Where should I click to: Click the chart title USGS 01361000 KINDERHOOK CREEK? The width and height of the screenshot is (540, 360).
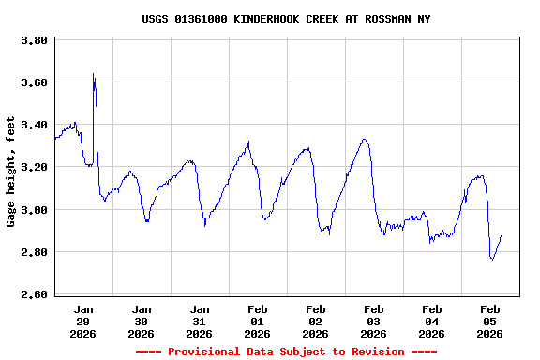[x=287, y=19]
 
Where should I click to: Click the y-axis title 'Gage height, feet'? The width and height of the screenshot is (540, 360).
[x=11, y=172]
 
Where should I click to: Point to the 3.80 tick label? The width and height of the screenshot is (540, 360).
[x=35, y=41]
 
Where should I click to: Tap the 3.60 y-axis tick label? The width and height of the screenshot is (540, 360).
[x=35, y=83]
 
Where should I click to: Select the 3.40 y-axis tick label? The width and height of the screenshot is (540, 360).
[x=35, y=126]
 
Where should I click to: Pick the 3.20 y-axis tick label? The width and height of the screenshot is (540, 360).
[x=35, y=168]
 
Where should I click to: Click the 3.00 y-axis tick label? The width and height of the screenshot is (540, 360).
[x=35, y=210]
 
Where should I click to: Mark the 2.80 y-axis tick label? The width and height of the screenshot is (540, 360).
[x=35, y=252]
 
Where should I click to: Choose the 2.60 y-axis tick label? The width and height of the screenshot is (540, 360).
[x=35, y=294]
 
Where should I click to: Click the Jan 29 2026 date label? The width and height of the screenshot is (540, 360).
[x=83, y=321]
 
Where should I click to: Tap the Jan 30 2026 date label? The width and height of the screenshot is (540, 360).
[x=142, y=321]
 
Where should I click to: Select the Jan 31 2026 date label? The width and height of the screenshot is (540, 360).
[x=200, y=321]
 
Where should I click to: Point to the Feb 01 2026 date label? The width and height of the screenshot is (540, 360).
[x=258, y=321]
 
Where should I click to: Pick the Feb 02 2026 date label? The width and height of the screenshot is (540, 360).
[x=316, y=321]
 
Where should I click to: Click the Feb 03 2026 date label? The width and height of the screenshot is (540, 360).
[x=374, y=321]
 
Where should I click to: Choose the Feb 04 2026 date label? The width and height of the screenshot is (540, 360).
[x=432, y=321]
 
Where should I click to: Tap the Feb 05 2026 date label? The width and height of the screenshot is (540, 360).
[x=490, y=321]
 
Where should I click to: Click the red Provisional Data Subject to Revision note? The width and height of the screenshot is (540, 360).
[x=287, y=352]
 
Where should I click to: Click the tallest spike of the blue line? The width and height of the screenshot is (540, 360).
[x=94, y=74]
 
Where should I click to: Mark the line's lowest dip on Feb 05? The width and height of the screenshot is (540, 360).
[x=492, y=259]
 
